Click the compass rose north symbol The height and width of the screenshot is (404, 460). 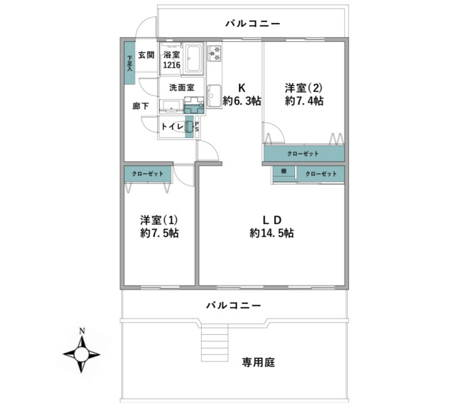click(81, 355)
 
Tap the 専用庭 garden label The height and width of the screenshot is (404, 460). click(258, 363)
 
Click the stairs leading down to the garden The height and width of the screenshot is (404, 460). click(214, 342)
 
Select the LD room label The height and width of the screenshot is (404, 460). click(272, 220)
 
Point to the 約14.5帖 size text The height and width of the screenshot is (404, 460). click(272, 233)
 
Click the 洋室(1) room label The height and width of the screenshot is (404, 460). click(159, 220)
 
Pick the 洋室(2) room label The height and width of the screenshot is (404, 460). click(304, 88)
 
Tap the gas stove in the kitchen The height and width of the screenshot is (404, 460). click(214, 53)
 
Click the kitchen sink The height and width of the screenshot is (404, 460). click(214, 95)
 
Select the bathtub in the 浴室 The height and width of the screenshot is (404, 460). click(194, 58)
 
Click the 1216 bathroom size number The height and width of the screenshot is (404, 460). click(172, 65)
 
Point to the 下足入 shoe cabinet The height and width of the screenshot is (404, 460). click(129, 63)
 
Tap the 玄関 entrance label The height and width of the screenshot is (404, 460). click(146, 55)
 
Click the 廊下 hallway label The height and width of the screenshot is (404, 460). click(141, 106)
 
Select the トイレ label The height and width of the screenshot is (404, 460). click(172, 127)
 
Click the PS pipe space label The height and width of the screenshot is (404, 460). click(197, 127)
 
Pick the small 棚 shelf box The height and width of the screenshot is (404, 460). click(283, 171)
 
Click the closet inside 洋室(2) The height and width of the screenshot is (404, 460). click(304, 154)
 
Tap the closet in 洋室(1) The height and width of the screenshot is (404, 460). click(147, 174)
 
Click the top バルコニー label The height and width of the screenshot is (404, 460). click(253, 24)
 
